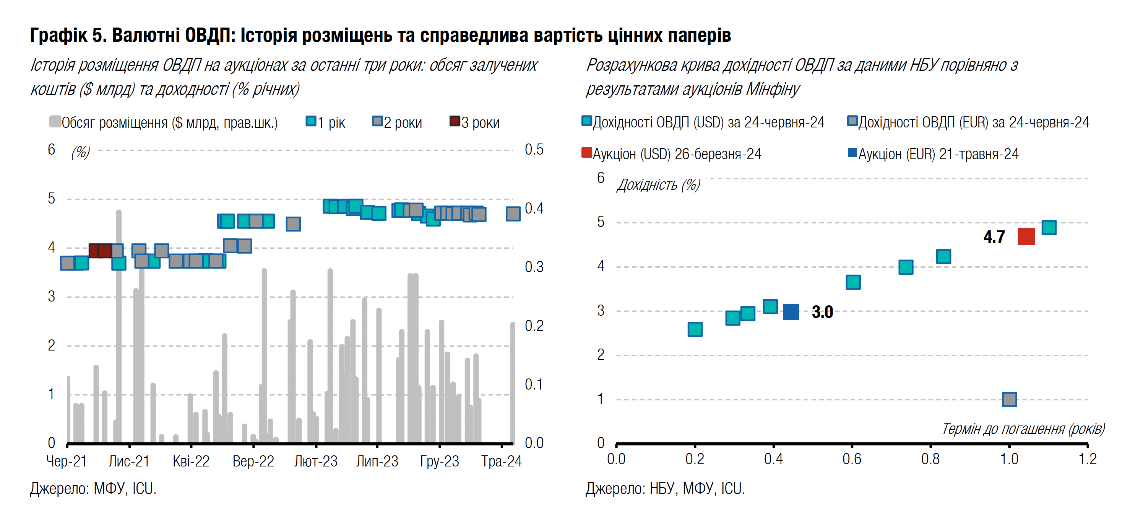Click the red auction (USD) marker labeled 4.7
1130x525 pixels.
[x=1026, y=236]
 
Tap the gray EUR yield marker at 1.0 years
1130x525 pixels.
[x=1009, y=399]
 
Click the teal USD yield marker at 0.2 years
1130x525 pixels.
[x=695, y=329]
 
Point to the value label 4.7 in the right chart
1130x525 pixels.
[x=994, y=237]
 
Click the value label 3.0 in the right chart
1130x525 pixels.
[x=822, y=312]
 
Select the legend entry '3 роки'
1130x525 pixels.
[x=475, y=122]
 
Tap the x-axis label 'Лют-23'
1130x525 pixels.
[x=315, y=461]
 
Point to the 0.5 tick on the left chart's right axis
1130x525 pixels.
[x=534, y=150]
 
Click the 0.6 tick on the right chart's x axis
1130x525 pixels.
[x=851, y=459]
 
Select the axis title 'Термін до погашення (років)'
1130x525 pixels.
[x=1023, y=429]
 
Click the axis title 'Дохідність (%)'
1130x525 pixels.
[x=658, y=185]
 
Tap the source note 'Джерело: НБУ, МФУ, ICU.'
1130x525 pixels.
[x=665, y=489]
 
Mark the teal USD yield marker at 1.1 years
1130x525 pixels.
[x=1049, y=227]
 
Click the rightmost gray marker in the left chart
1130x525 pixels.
[x=513, y=214]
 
